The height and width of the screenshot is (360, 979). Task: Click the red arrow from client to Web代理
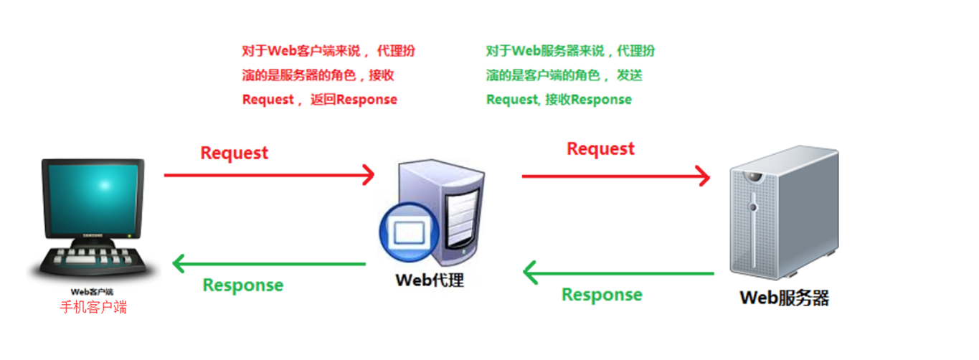click(269, 174)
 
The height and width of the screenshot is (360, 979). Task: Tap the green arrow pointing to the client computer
click(269, 265)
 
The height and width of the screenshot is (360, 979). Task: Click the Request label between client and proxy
click(234, 153)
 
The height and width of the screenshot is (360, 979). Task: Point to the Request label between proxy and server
click(600, 148)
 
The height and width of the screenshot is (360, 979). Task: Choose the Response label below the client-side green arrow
click(243, 285)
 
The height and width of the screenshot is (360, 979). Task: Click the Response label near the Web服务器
click(602, 295)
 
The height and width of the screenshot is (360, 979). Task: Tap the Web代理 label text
click(430, 279)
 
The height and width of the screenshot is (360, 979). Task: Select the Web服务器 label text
click(784, 298)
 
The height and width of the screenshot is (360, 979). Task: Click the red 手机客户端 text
click(93, 307)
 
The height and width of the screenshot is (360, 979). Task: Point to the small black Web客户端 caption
click(92, 292)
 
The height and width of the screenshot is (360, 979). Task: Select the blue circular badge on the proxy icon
click(409, 234)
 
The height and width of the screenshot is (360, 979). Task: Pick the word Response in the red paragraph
click(366, 100)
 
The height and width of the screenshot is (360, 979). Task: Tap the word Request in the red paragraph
click(268, 100)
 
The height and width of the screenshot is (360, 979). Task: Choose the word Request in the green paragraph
click(511, 100)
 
